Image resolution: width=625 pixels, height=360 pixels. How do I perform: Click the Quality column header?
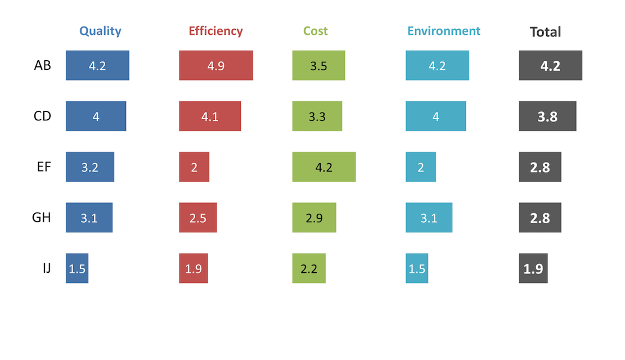coord(100,31)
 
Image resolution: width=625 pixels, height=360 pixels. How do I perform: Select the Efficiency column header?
coord(215,31)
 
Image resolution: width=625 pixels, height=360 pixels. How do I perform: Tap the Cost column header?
coord(315,31)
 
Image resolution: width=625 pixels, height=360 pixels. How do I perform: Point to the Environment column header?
coord(444,31)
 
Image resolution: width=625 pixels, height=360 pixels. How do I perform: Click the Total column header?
coord(545,32)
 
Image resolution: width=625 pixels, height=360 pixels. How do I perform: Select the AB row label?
coord(42,65)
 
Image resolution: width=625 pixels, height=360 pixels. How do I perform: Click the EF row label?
coord(42,166)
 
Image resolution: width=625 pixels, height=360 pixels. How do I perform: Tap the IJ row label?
coord(46,268)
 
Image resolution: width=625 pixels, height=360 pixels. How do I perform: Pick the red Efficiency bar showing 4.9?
coord(216,65)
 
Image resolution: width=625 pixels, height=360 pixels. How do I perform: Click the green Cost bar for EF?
coord(324,166)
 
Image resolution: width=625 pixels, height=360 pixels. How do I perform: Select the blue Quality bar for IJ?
coord(77,268)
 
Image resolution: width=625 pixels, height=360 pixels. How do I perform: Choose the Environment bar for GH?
coord(429,217)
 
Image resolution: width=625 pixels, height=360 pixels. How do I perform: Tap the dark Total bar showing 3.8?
coord(547,116)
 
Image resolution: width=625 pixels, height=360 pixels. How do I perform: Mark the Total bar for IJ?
coord(533,268)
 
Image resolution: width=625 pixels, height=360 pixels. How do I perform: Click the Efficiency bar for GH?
coord(197,217)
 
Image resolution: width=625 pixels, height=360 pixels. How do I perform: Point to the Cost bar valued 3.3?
coord(317,116)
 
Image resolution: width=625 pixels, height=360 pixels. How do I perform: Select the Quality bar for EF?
coord(90,166)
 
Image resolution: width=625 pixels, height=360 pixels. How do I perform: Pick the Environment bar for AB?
coord(437,65)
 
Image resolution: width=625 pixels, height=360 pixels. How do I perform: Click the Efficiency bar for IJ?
coord(194,268)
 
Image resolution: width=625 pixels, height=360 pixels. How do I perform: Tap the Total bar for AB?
coord(550,65)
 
